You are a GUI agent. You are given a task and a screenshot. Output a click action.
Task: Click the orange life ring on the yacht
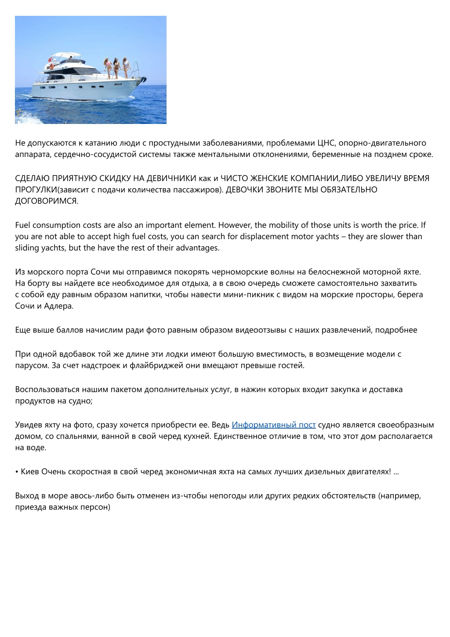click(51, 66)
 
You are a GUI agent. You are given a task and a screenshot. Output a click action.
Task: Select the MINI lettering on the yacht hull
click(117, 84)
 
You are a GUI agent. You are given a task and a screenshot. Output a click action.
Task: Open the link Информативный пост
click(273, 425)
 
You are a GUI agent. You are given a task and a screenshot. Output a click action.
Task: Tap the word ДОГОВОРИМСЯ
click(46, 201)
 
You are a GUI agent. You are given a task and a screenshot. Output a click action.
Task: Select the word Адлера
click(58, 306)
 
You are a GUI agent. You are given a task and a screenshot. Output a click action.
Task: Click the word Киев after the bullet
click(30, 472)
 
